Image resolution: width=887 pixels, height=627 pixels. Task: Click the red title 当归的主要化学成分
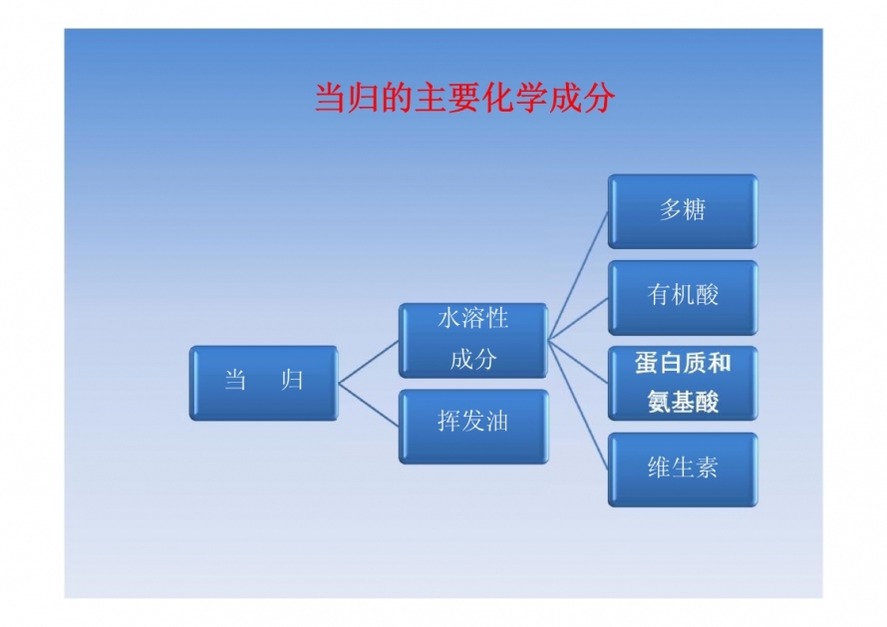464,98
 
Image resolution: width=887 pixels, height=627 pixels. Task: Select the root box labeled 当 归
264,383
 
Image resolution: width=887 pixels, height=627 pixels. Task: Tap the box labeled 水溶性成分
473,340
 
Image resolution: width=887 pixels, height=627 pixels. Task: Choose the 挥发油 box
473,427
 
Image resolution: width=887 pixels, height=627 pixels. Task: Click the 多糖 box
683,211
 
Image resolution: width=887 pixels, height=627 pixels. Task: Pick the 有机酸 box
683,298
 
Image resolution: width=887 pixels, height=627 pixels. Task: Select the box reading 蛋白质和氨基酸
683,383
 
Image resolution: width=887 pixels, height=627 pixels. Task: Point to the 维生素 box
683,470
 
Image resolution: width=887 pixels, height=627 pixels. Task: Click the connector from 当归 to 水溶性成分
369,362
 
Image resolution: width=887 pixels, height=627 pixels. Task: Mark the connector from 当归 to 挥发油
369,405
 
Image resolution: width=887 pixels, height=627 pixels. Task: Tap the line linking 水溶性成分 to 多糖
578,275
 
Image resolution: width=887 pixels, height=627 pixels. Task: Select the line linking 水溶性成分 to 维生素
578,405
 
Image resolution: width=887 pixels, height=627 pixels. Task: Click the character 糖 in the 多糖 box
695,209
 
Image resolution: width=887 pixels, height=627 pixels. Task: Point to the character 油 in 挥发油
497,421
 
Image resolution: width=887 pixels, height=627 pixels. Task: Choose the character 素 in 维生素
707,468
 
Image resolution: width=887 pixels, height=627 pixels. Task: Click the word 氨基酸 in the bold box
683,402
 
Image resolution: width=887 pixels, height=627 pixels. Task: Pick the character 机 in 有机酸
683,295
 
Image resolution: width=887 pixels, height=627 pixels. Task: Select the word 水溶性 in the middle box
473,318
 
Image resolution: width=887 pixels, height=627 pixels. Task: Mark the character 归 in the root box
292,380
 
